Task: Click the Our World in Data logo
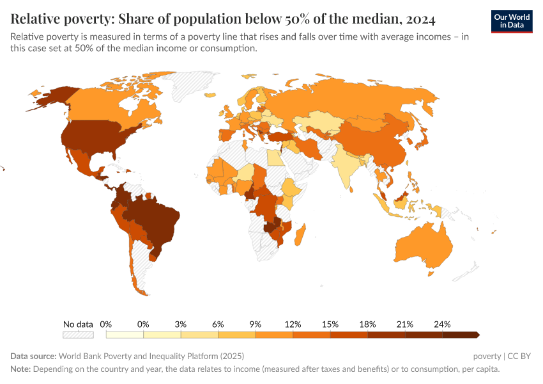coord(512,21)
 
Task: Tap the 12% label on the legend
coord(293,324)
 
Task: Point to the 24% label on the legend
coord(442,324)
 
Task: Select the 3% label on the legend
coord(181,324)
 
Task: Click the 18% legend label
coord(367,324)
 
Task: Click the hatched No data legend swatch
coord(78,335)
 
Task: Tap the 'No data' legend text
coord(78,324)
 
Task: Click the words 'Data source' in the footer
coord(33,356)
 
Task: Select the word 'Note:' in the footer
coord(20,369)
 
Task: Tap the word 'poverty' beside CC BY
coord(487,356)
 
